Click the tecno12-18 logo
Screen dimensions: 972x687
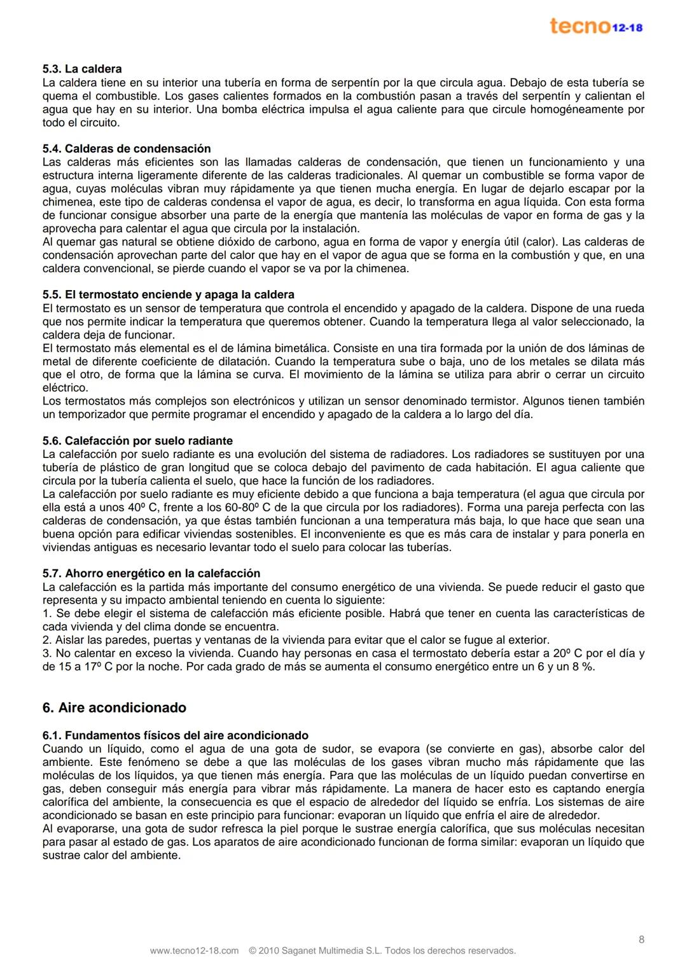(x=596, y=26)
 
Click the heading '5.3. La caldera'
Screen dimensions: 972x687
(x=82, y=69)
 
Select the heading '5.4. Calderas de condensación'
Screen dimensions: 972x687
(x=127, y=149)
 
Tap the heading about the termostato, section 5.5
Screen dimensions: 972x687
(x=168, y=295)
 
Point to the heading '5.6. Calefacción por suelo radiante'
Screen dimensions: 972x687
(x=137, y=441)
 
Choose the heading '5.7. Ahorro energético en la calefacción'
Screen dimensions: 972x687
(x=151, y=574)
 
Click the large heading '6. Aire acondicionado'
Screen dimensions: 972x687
(x=114, y=708)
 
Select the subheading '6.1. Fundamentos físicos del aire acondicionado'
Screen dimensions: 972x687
(x=176, y=735)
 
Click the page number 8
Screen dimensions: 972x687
(x=641, y=940)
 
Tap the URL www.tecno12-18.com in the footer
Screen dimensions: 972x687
(x=194, y=951)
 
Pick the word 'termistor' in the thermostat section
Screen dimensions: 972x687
(x=495, y=401)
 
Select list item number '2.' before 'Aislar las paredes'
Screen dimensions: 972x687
(x=47, y=641)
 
